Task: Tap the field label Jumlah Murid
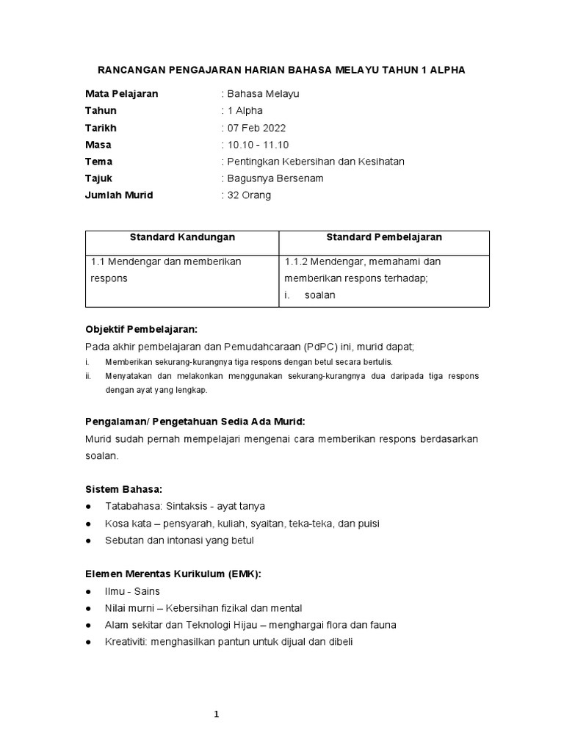(x=119, y=195)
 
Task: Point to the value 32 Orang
(x=248, y=195)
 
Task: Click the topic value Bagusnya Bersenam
(x=275, y=178)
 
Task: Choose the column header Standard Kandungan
(x=182, y=237)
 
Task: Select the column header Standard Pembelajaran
(x=384, y=237)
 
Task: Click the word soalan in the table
(x=319, y=294)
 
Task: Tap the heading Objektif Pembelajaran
(x=141, y=329)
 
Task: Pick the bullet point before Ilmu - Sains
(x=89, y=591)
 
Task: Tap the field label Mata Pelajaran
(x=121, y=94)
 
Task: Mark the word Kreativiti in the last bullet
(x=126, y=642)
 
